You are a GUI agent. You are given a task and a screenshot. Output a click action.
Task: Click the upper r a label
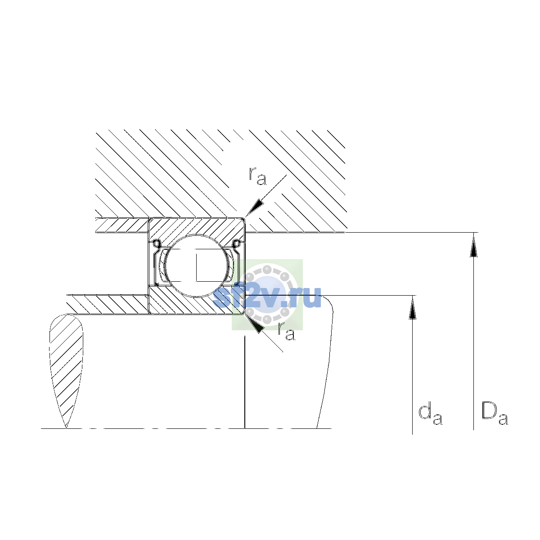(257, 176)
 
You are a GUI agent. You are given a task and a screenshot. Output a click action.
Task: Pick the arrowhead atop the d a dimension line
(412, 307)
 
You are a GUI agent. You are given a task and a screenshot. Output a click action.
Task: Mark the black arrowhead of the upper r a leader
(254, 208)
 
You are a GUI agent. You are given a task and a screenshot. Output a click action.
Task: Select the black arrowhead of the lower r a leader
(255, 324)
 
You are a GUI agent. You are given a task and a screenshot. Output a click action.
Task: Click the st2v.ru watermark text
(267, 297)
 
